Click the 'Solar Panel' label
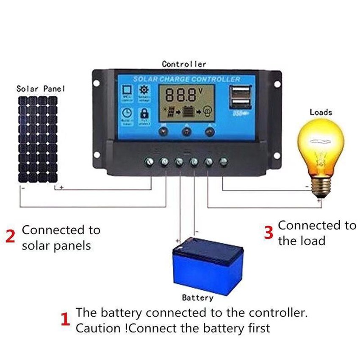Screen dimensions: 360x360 click(x=41, y=89)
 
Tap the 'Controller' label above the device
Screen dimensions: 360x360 click(x=184, y=64)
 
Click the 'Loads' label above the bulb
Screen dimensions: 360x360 click(x=321, y=112)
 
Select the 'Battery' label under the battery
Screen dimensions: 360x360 click(x=197, y=298)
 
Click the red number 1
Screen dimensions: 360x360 click(x=65, y=319)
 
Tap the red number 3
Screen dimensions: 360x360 click(x=269, y=233)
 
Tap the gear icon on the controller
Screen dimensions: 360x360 click(x=144, y=90)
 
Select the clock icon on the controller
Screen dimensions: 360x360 click(x=126, y=114)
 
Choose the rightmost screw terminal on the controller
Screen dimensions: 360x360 click(x=224, y=161)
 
